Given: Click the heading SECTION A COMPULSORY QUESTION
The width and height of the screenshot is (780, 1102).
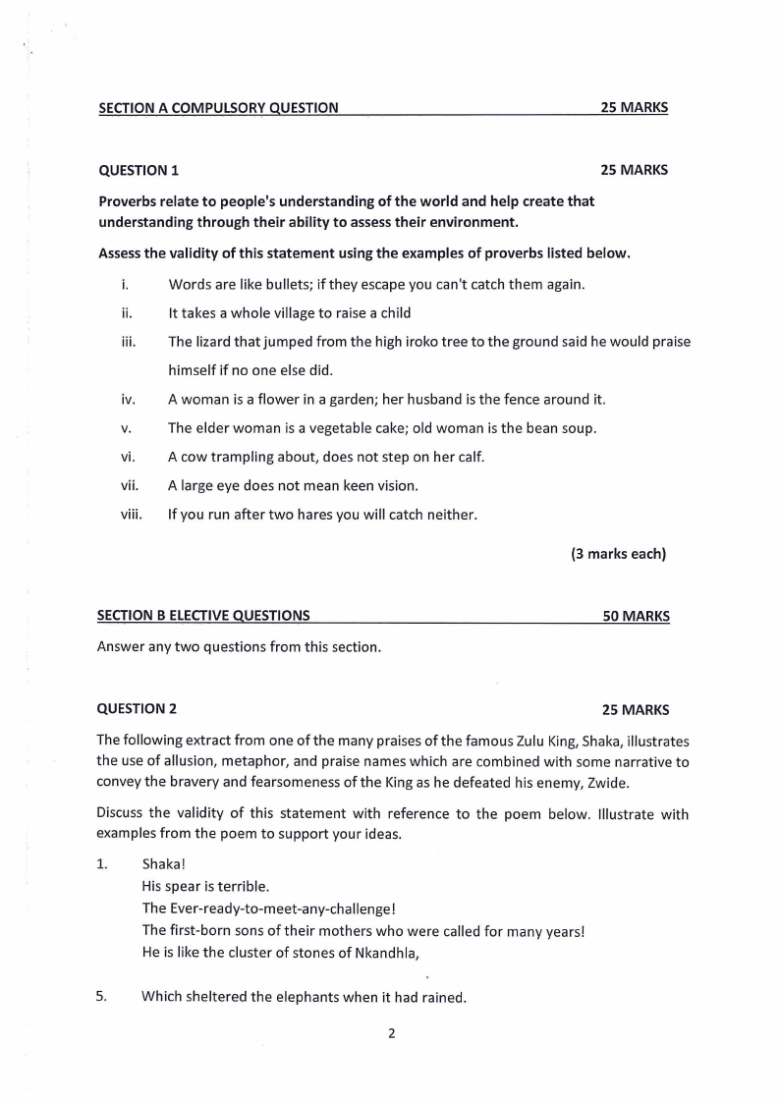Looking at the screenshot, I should (x=219, y=108).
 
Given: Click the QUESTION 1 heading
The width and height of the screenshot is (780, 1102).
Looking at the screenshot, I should (x=139, y=170).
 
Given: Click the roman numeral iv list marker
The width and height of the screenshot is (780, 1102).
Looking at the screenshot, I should (x=127, y=400).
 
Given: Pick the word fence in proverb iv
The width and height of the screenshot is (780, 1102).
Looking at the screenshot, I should (x=531, y=400).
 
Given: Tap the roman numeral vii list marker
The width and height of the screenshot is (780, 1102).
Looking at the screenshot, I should (x=129, y=485).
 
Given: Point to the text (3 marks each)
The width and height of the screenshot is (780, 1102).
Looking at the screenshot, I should (x=618, y=554).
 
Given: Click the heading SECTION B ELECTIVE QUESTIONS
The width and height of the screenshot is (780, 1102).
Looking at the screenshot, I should (x=203, y=616).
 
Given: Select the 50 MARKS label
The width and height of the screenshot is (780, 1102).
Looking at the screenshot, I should (x=636, y=617).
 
